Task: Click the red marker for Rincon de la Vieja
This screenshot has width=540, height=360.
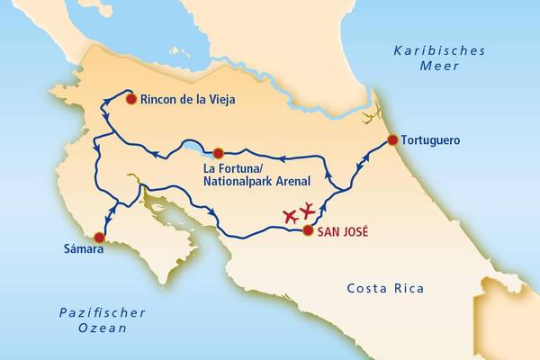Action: click(130, 99)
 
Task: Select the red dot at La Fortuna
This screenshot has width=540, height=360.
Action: click(218, 152)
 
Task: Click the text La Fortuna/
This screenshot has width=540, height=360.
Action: click(236, 168)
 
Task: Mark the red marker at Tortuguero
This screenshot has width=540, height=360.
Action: click(392, 139)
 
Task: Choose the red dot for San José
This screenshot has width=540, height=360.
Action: click(308, 230)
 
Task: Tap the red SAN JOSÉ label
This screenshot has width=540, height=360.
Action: click(344, 231)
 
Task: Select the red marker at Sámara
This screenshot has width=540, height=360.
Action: click(99, 238)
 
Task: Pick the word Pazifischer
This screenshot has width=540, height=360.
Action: click(103, 313)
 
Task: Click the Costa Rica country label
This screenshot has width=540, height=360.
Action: click(384, 289)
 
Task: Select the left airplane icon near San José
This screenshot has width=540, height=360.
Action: click(290, 216)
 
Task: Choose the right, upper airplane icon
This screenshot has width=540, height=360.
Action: click(308, 210)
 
